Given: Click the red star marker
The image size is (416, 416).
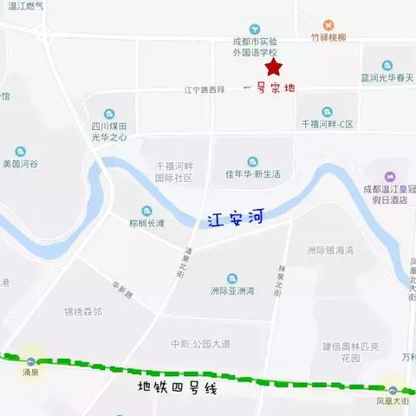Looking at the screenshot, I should [274, 66].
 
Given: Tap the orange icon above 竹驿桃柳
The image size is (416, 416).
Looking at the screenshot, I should [328, 25].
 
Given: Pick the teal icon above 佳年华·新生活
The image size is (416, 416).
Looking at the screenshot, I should [253, 161].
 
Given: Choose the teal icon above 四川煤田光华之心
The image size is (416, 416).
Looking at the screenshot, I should [109, 114].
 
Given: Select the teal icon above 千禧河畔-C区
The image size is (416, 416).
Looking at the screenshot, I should [327, 112].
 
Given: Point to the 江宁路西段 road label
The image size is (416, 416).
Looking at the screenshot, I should [205, 89].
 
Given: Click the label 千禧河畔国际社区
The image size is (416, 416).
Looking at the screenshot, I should [173, 172].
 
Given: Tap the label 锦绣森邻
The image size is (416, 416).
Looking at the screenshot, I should [83, 311].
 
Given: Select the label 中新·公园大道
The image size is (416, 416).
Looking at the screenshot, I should [200, 344].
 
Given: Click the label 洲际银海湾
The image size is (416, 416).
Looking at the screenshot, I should [330, 250].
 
